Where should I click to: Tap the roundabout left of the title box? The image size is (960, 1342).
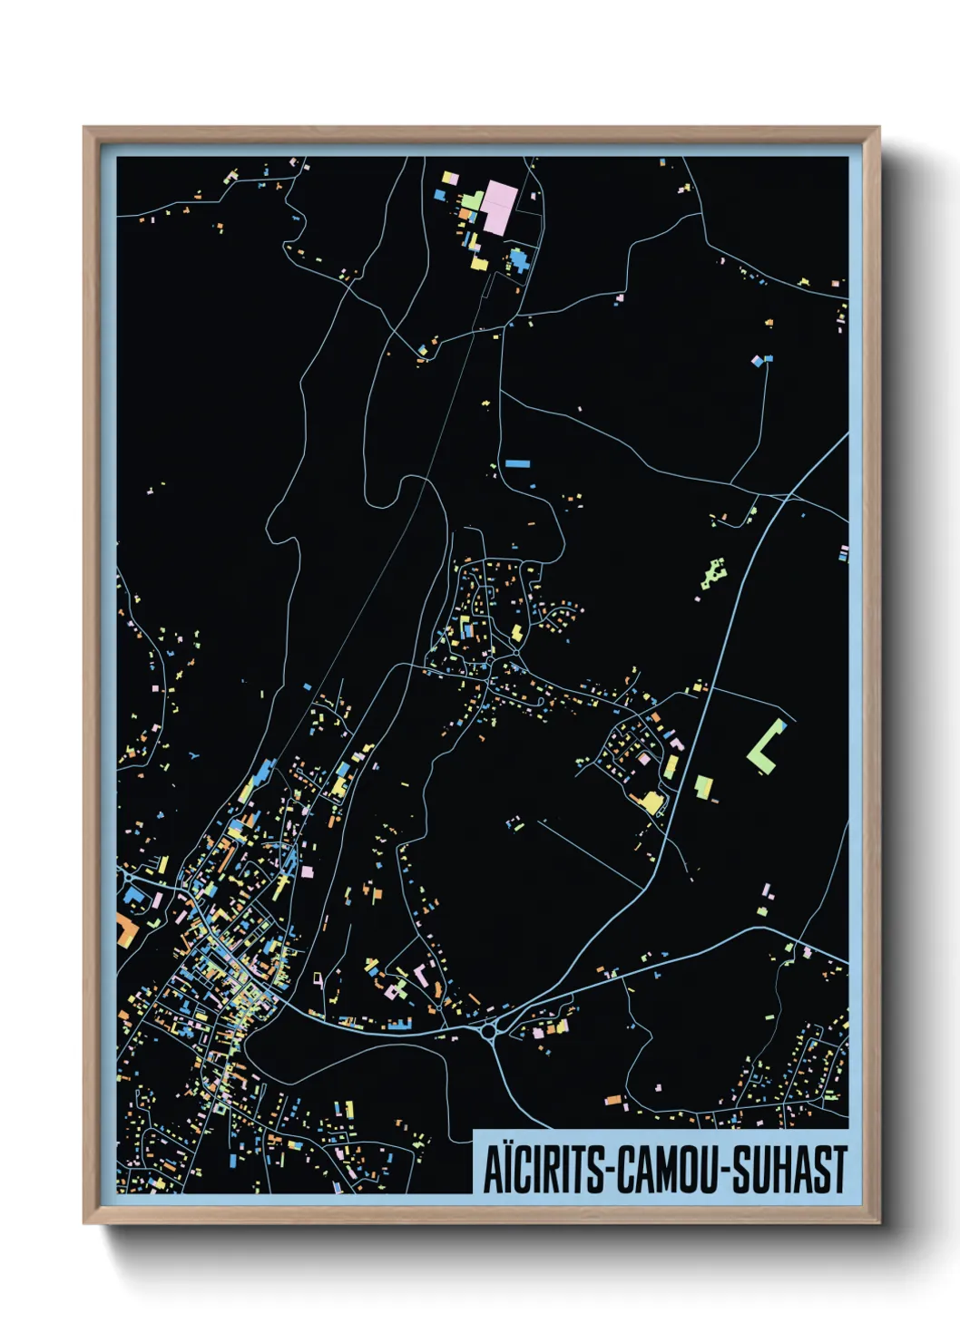[491, 1030]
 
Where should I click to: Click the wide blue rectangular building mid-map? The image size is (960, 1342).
[517, 463]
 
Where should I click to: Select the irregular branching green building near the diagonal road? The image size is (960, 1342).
[714, 574]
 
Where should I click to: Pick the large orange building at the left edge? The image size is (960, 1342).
[124, 930]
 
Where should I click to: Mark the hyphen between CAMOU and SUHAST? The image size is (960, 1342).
[725, 1172]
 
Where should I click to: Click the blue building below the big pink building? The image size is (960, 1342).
[518, 259]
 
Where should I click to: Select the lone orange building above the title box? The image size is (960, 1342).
[613, 1100]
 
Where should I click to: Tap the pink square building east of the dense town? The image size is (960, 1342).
[307, 872]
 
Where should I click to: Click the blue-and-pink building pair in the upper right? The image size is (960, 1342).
[761, 360]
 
